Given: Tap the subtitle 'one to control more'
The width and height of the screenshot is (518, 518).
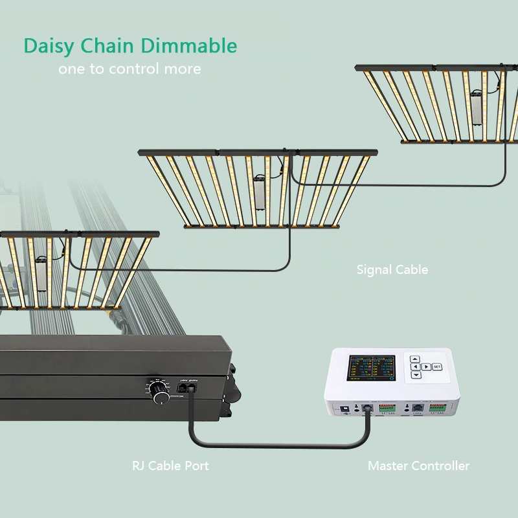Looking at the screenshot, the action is click(129, 69).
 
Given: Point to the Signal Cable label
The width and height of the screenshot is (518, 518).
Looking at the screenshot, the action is click(392, 269).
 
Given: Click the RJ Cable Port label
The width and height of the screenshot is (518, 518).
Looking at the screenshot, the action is click(170, 466).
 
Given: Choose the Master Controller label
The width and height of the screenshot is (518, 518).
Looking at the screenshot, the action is click(418, 466).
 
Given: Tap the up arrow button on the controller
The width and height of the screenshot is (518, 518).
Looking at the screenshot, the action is click(415, 359).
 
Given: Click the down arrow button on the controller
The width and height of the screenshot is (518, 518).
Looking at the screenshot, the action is click(415, 375).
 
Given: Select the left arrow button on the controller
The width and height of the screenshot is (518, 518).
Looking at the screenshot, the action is click(415, 367).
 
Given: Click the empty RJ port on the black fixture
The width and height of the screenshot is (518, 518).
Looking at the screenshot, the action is click(194, 389).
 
